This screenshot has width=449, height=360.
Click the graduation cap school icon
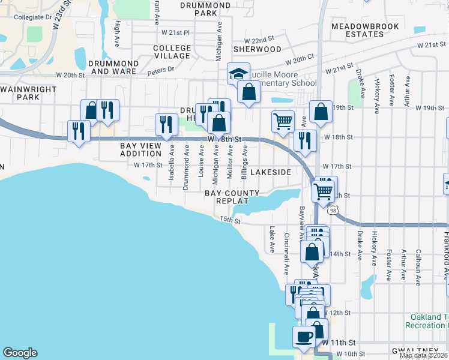[x=238, y=74]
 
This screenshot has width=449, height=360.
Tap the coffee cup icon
[x=304, y=336]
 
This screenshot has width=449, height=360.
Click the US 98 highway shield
[x=332, y=211]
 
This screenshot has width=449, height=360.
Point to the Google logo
[x=20, y=353]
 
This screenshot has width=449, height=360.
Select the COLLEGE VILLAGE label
[x=172, y=52]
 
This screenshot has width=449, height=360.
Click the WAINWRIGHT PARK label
[x=28, y=93]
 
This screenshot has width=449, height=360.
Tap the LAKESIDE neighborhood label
[x=270, y=172]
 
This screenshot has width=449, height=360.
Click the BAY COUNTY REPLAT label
[x=232, y=197]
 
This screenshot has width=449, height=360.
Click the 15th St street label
[x=229, y=221]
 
